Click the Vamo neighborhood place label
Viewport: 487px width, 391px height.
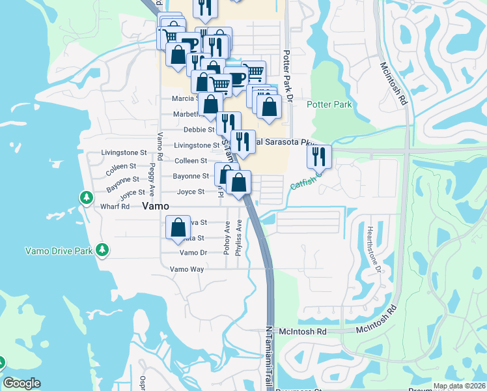(156, 205)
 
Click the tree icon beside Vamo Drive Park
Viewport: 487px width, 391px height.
(102, 250)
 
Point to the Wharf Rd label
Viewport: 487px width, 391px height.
(116, 207)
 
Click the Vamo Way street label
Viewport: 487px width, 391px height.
(188, 269)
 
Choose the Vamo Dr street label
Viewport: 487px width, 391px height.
(193, 253)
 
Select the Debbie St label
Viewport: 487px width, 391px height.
(199, 130)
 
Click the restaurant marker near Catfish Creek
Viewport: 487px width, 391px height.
(320, 156)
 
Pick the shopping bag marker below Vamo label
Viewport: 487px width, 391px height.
(178, 228)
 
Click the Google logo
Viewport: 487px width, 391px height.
(21, 384)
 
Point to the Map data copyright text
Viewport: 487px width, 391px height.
(458, 386)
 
